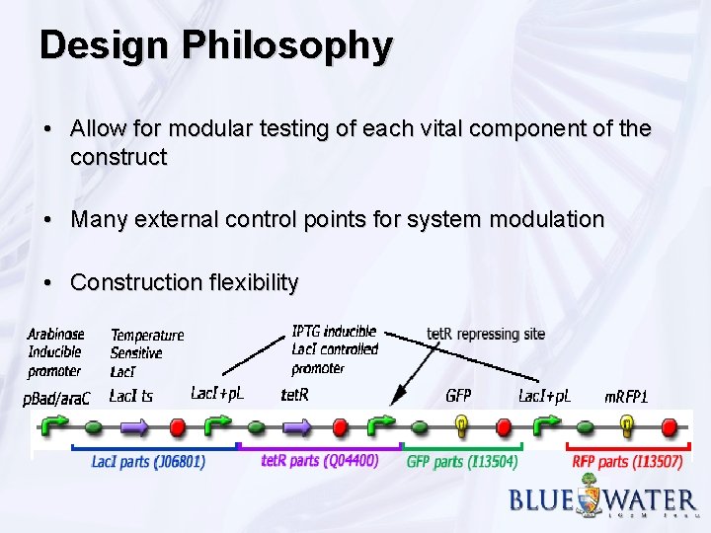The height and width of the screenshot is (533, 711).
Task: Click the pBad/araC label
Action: click(x=56, y=397)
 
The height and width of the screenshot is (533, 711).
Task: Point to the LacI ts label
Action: click(x=130, y=397)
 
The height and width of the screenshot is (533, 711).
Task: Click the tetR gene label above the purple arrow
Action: click(x=294, y=396)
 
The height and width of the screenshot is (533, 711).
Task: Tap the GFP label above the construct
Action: click(x=458, y=396)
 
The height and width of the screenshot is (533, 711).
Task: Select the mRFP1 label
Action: click(x=626, y=397)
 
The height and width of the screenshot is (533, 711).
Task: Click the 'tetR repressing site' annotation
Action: click(x=486, y=335)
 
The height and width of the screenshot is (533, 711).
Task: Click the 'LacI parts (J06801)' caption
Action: click(x=148, y=461)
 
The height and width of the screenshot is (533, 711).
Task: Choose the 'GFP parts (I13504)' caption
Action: click(x=462, y=461)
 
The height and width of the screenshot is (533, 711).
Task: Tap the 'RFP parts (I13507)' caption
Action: click(x=627, y=461)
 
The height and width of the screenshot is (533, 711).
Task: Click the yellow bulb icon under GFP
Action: click(x=461, y=425)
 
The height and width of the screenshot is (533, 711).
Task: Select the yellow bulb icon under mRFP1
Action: click(x=626, y=425)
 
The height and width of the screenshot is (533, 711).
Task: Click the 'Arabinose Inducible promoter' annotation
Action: click(x=55, y=352)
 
